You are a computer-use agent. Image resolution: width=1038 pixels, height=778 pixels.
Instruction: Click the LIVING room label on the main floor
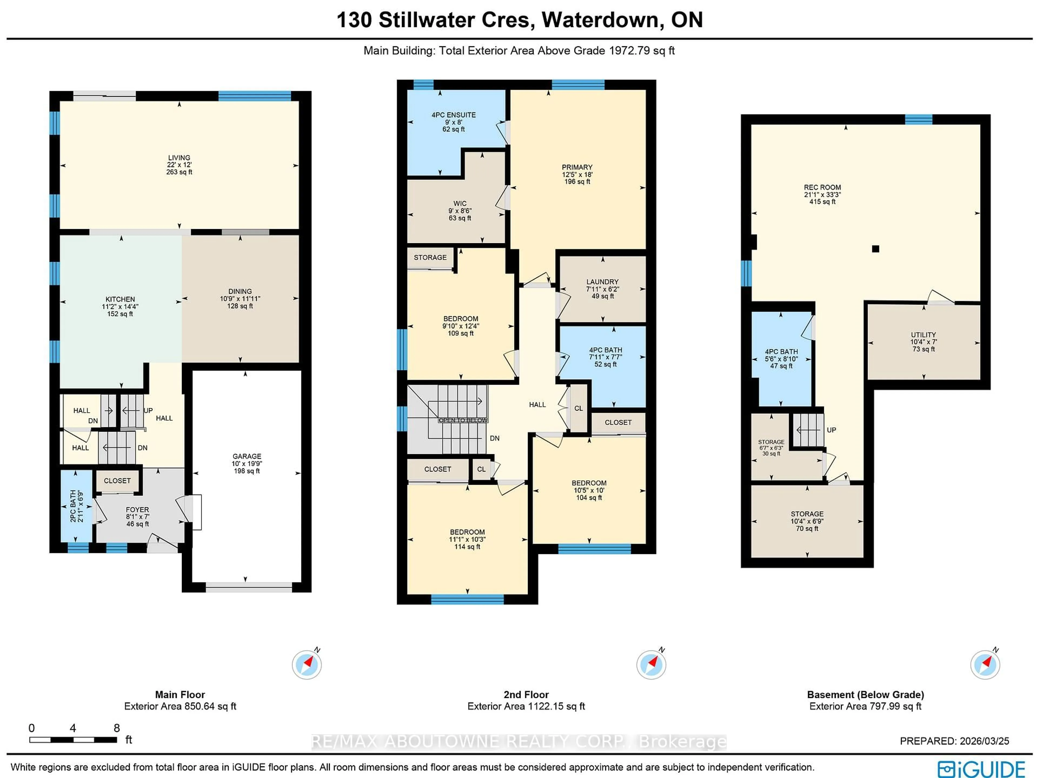pos(179,158)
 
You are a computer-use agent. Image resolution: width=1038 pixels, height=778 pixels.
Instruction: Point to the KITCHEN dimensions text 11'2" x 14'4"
pos(120,306)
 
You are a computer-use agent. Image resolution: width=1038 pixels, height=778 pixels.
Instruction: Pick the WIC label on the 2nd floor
pos(460,204)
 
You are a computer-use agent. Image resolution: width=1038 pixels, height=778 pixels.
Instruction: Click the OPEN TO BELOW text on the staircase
pos(463,420)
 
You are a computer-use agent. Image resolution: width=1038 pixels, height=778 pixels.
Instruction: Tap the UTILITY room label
pos(923,335)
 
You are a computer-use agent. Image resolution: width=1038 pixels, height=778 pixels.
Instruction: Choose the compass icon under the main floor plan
pos(307,664)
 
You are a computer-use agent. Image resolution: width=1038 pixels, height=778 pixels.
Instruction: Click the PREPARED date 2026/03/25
pos(984,741)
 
